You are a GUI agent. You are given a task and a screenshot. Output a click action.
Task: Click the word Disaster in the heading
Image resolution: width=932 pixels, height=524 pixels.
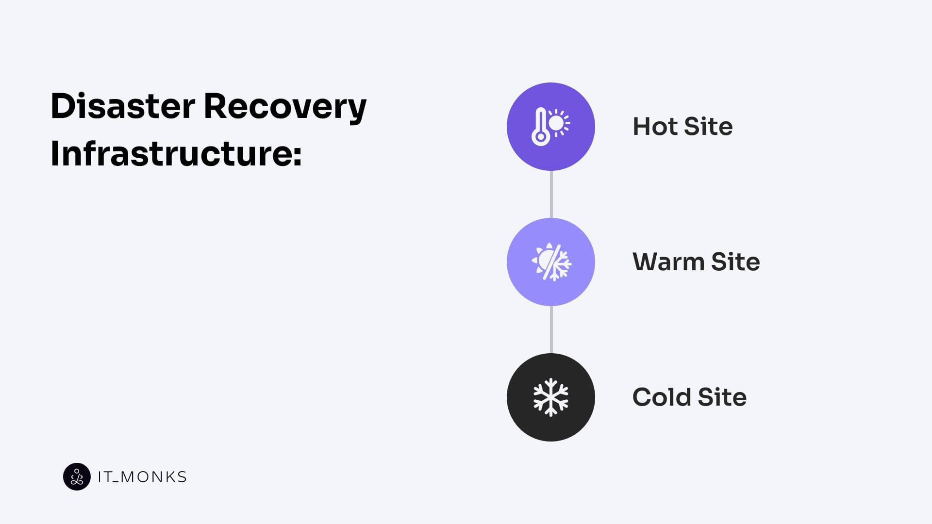click(123, 106)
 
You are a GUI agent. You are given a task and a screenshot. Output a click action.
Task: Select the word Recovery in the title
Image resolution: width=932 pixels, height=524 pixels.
click(285, 108)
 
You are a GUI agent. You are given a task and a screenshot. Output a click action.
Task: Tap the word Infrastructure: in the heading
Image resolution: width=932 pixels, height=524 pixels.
click(176, 153)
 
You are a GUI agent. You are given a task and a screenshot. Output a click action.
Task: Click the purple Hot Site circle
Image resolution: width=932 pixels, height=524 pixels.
click(551, 127)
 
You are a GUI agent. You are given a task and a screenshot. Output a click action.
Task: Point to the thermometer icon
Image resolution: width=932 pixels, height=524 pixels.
click(540, 127)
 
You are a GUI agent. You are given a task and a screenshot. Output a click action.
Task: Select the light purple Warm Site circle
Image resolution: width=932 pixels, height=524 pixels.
click(551, 262)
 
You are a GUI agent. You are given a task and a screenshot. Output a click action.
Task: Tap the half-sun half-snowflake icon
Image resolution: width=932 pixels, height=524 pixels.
click(551, 262)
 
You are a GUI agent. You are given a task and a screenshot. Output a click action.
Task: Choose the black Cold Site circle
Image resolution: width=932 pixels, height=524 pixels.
click(551, 397)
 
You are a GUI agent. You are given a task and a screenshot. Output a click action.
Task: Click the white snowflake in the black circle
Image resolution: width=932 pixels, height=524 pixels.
click(551, 397)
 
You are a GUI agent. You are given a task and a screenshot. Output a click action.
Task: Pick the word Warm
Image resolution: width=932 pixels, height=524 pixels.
click(668, 262)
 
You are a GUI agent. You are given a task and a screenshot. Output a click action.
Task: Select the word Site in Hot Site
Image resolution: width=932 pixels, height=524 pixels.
click(708, 127)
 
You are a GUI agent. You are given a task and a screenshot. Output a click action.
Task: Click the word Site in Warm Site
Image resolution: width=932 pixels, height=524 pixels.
click(735, 262)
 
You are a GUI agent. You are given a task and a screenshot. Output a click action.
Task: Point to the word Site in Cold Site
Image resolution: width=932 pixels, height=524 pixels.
click(722, 397)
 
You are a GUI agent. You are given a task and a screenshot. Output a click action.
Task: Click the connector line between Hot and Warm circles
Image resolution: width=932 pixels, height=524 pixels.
click(551, 194)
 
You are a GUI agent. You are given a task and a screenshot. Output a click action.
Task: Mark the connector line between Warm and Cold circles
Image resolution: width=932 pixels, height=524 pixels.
click(551, 329)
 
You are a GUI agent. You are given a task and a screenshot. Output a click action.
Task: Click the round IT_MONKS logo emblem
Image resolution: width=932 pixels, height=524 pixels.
click(77, 476)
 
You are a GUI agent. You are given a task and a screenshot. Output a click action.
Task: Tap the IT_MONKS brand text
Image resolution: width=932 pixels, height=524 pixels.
click(142, 477)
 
